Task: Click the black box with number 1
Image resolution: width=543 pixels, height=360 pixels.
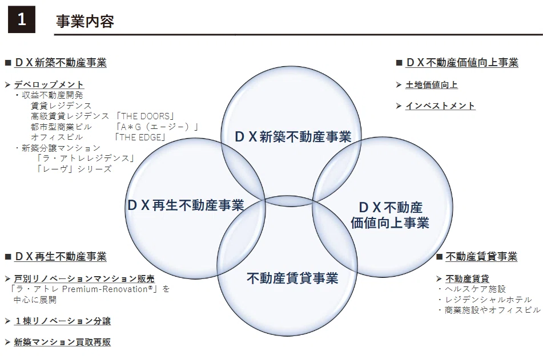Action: click(x=22, y=19)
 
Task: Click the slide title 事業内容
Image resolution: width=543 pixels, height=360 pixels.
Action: click(x=85, y=22)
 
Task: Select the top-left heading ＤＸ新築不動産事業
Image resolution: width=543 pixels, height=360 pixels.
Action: click(x=61, y=63)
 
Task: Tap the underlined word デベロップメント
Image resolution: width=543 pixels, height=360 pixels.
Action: click(x=49, y=84)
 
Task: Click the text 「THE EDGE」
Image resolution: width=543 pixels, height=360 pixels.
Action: click(x=140, y=137)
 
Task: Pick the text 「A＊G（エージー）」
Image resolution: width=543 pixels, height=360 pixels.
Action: click(x=157, y=127)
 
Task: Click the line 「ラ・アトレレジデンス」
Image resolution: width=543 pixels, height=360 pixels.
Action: click(x=86, y=158)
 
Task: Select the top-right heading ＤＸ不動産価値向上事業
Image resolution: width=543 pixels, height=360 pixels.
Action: click(x=462, y=63)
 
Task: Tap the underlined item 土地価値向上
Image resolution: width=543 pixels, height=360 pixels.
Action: click(x=432, y=85)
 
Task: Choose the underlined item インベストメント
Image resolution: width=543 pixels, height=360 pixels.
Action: click(x=440, y=106)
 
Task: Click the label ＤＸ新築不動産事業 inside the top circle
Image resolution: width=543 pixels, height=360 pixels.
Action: click(x=293, y=137)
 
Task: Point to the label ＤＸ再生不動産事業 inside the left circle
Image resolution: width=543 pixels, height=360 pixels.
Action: click(x=186, y=205)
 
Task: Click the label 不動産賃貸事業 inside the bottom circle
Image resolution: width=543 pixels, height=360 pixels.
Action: click(x=292, y=278)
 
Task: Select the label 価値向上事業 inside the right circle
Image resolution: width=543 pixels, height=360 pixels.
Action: click(x=390, y=223)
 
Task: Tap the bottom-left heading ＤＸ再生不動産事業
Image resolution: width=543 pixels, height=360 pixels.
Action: click(x=61, y=257)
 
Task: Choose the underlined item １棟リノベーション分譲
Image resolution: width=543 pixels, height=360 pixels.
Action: click(x=62, y=321)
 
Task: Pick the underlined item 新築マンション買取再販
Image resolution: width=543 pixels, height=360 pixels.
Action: click(x=62, y=342)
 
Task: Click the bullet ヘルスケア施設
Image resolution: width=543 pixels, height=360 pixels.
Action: click(x=475, y=289)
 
